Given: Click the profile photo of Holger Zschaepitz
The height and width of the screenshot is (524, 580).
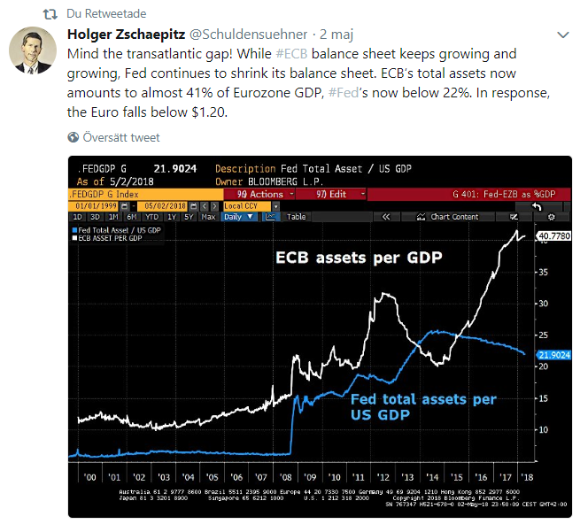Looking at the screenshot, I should click(32, 51).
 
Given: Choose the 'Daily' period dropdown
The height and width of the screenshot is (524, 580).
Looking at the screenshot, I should click(240, 216).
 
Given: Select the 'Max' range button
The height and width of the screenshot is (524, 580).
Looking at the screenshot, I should click(208, 216).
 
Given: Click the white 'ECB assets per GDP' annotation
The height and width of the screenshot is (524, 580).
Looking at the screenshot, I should click(360, 258).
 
